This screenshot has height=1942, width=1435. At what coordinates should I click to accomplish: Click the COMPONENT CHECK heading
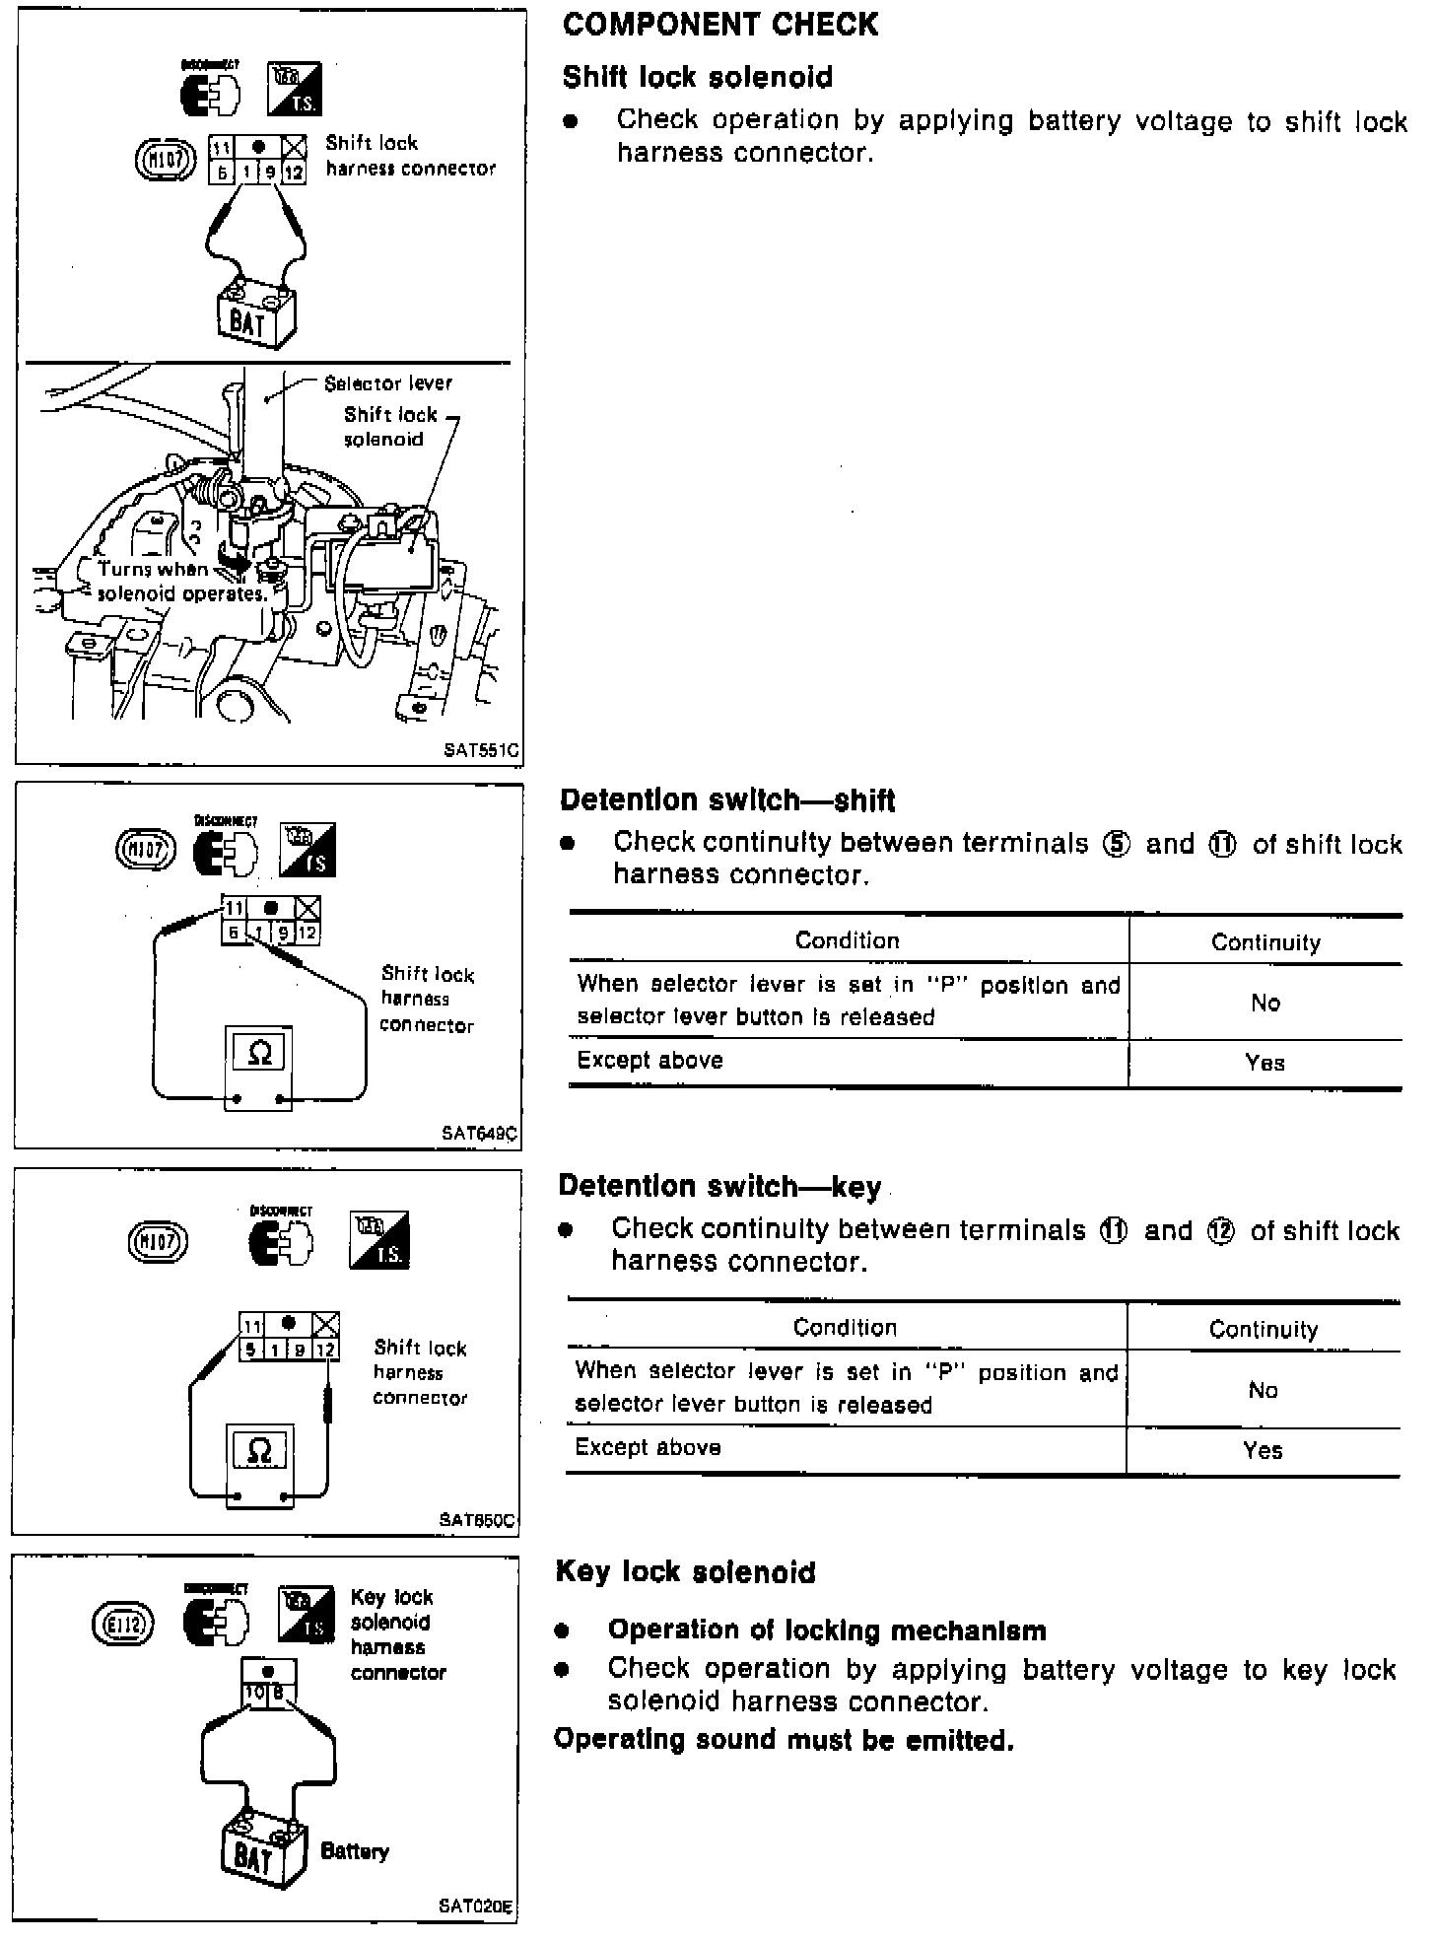(719, 25)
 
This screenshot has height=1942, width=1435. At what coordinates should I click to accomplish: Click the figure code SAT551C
(480, 749)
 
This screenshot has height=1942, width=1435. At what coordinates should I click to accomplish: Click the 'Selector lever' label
(388, 382)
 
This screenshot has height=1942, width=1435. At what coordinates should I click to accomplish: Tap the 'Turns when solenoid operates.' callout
(181, 582)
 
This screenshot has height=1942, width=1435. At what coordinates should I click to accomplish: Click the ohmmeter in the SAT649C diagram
(259, 1069)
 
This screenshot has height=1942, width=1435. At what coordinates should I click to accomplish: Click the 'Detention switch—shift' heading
(727, 799)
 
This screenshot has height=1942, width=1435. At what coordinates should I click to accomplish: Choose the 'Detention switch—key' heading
(719, 1186)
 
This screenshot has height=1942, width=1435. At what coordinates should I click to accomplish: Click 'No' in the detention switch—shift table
(1264, 1003)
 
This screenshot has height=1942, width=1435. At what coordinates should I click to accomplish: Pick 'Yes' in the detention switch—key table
(1263, 1450)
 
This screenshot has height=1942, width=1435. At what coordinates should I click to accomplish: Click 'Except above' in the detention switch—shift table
(649, 1061)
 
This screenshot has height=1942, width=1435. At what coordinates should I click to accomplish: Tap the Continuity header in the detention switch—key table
(1263, 1329)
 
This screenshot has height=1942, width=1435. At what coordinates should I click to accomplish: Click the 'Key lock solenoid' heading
(685, 1571)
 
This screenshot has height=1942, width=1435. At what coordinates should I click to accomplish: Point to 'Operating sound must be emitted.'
(784, 1740)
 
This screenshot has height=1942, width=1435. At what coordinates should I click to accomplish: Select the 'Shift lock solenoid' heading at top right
(697, 77)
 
